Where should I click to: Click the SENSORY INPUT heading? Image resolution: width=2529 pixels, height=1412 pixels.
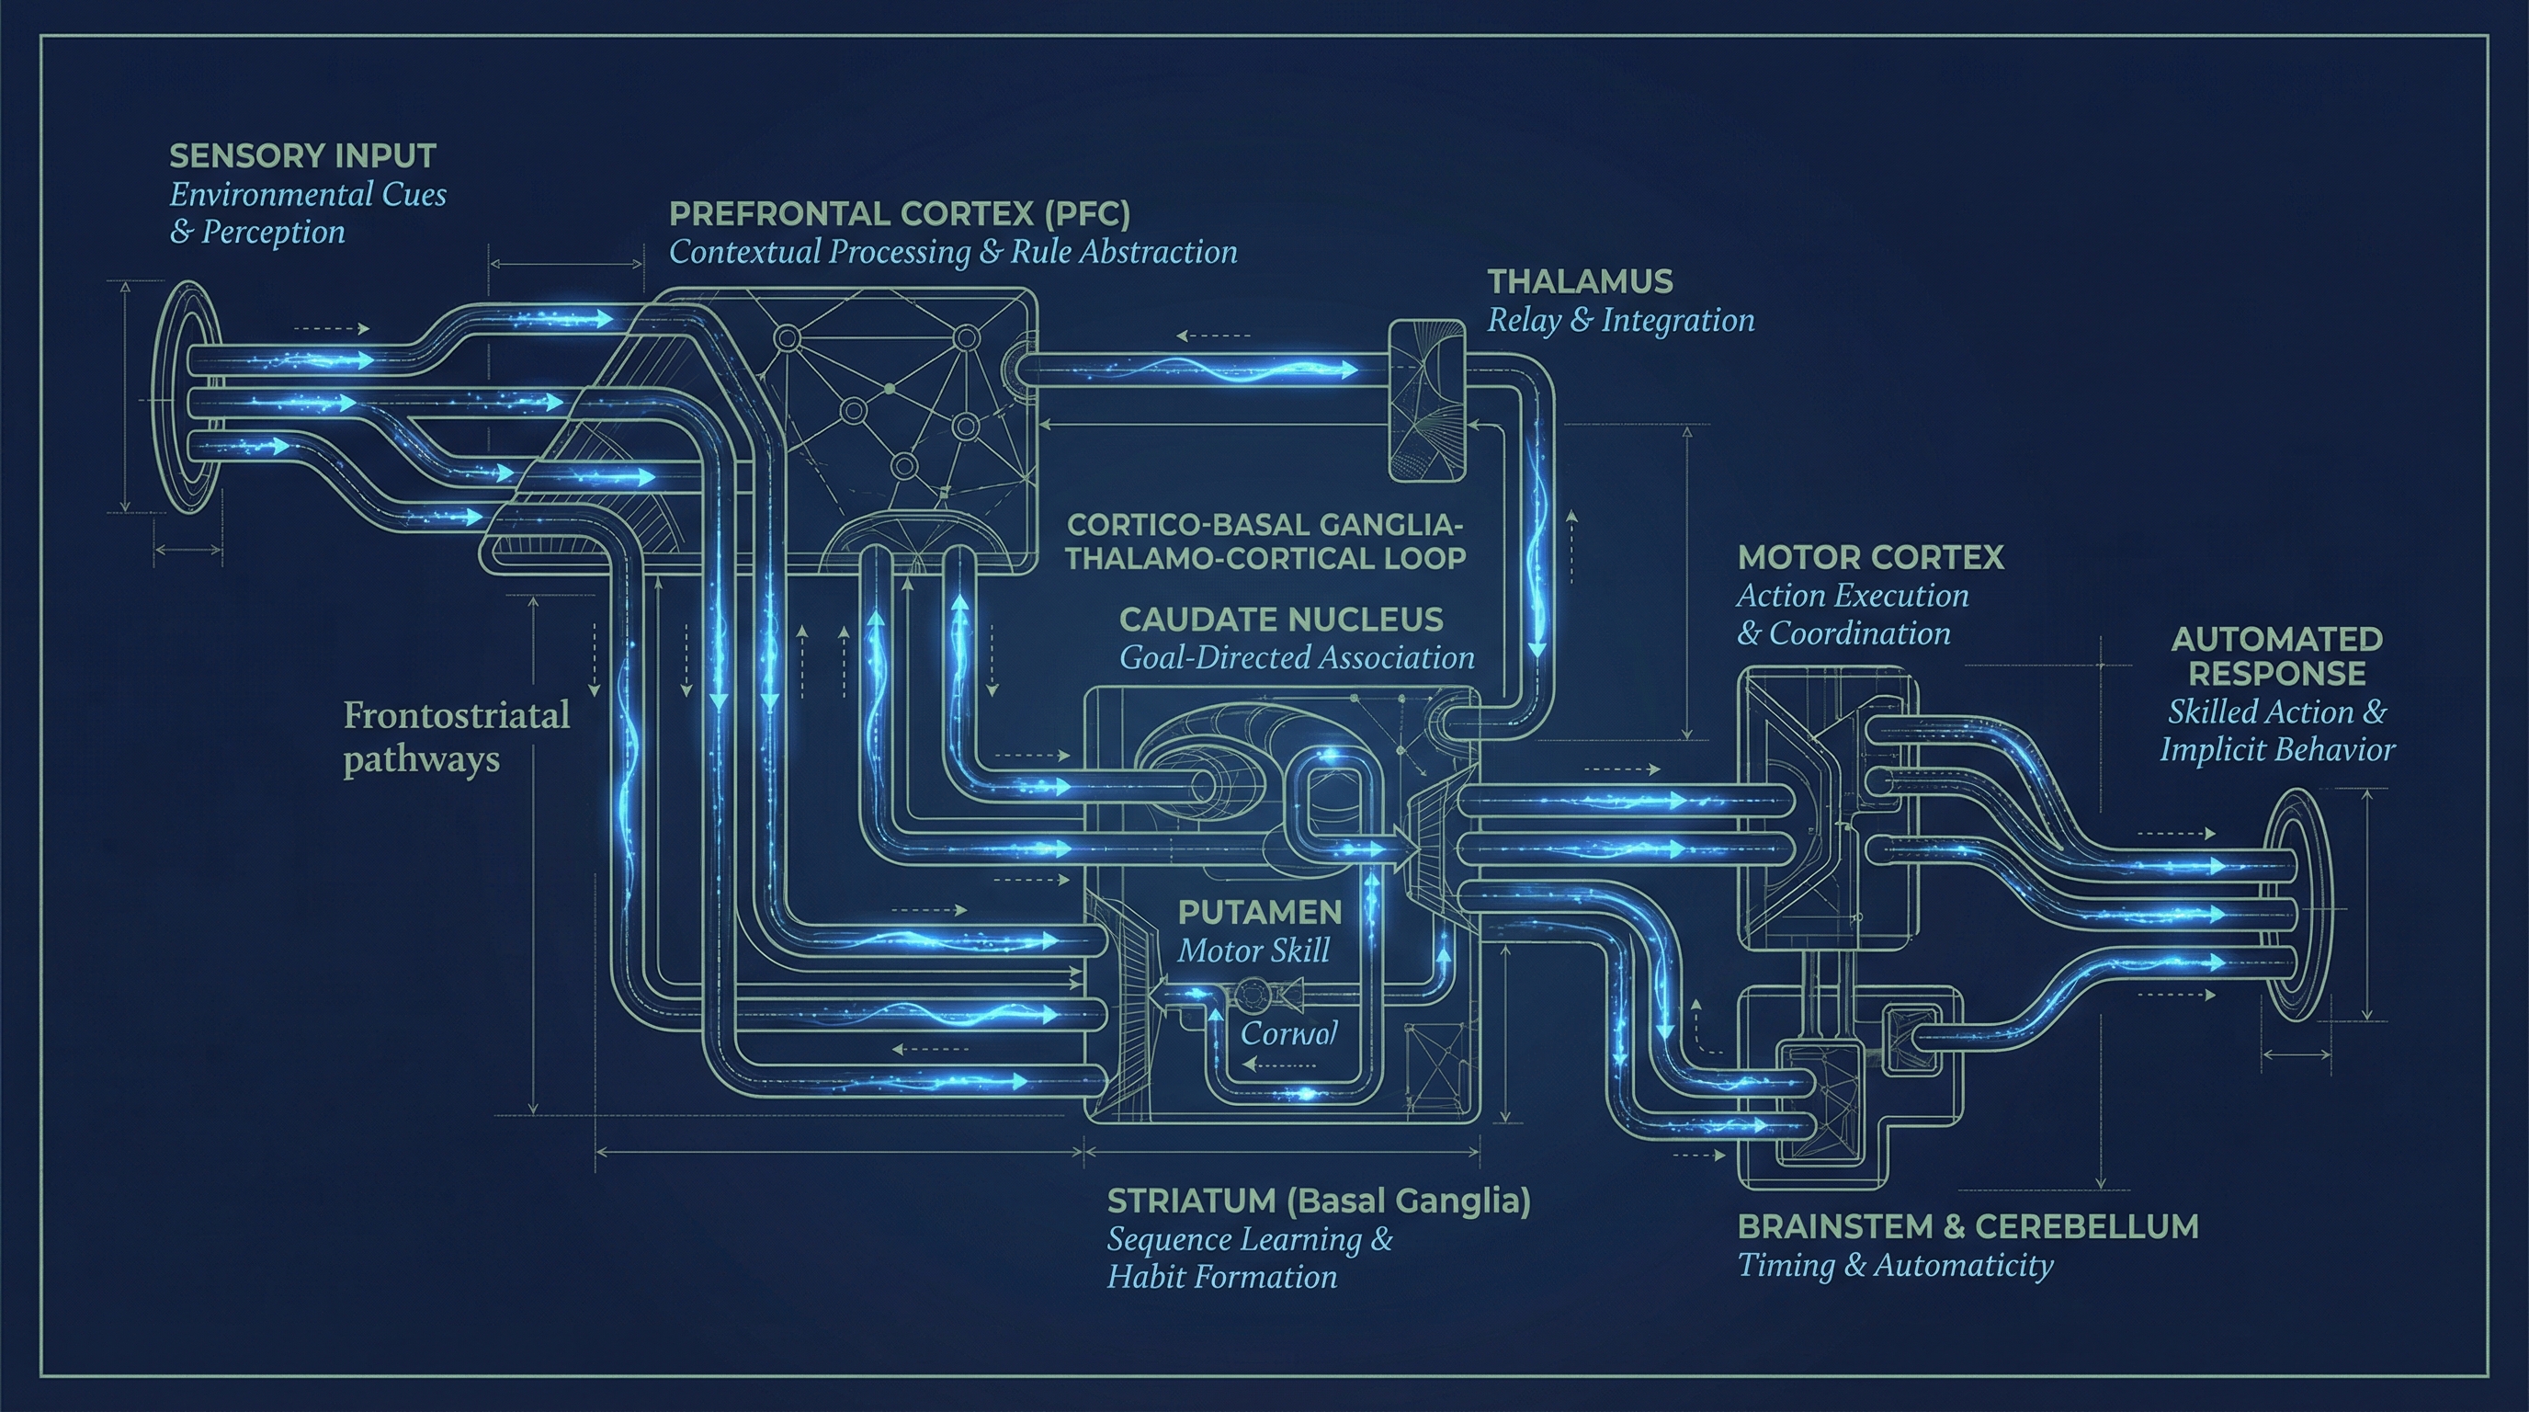(302, 156)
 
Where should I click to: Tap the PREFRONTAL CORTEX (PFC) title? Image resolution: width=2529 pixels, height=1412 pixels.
(900, 214)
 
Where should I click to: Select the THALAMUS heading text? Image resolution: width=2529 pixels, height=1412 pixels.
(1580, 283)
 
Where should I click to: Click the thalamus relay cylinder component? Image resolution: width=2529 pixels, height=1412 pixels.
(1425, 401)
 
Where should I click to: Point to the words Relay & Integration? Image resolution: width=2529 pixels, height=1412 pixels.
(1620, 320)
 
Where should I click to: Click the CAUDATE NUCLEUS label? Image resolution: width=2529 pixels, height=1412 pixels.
(1280, 620)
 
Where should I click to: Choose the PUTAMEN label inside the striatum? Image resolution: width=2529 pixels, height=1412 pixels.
(1260, 912)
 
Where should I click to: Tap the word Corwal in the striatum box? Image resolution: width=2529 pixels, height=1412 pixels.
(1288, 1033)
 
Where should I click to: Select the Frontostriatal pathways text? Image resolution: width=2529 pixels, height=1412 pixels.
(456, 736)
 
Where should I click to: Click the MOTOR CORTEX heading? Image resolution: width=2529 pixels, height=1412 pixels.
(1870, 558)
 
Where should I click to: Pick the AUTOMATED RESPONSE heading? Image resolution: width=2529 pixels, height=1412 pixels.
(2275, 656)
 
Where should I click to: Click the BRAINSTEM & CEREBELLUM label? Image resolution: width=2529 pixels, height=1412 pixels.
(1968, 1226)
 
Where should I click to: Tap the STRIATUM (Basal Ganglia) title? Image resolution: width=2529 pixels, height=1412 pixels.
(1318, 1201)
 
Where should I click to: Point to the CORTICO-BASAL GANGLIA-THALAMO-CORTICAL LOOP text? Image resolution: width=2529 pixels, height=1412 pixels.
(1264, 541)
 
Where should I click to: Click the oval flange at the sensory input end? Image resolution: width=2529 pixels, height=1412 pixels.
(188, 397)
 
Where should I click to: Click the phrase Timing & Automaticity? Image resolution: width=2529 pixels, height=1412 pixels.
(1895, 1265)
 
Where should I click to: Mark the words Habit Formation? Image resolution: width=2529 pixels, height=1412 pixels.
(1221, 1277)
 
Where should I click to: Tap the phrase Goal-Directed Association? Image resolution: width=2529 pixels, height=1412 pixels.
(1296, 658)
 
